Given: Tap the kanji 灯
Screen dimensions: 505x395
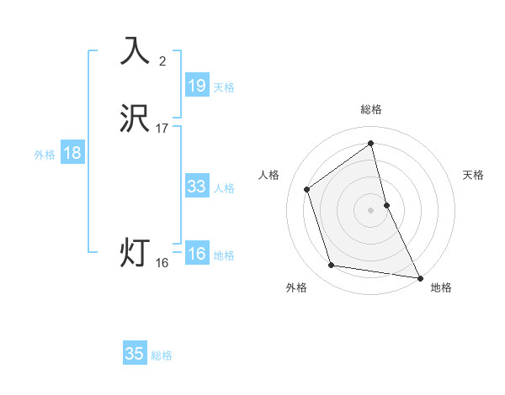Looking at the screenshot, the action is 136,252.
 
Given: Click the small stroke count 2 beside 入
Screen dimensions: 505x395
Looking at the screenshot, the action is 162,61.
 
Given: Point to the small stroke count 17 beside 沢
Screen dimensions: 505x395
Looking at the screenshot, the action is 162,129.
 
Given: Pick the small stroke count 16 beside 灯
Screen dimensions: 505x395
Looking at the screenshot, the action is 162,263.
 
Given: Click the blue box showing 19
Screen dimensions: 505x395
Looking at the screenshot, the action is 197,85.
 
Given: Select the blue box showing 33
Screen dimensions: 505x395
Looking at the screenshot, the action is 197,187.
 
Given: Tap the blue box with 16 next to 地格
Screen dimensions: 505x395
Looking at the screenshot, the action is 197,255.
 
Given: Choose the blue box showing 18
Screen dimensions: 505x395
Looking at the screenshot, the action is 72,153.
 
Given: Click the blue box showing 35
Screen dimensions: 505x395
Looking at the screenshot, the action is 135,354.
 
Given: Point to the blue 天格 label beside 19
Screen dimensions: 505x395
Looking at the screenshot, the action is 224,87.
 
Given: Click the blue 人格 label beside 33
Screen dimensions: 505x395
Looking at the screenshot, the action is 224,188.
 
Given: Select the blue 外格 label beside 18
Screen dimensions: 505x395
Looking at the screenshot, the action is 45,155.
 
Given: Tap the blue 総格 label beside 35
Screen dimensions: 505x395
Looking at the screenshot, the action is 162,355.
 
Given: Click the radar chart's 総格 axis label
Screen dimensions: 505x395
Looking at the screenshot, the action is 371,109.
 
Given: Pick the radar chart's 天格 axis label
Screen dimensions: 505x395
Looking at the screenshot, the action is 474,175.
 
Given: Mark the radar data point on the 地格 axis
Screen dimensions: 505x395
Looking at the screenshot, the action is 419,276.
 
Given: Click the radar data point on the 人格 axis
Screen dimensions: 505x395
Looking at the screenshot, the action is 307,189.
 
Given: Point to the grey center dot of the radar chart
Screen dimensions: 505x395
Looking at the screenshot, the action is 371,209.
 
